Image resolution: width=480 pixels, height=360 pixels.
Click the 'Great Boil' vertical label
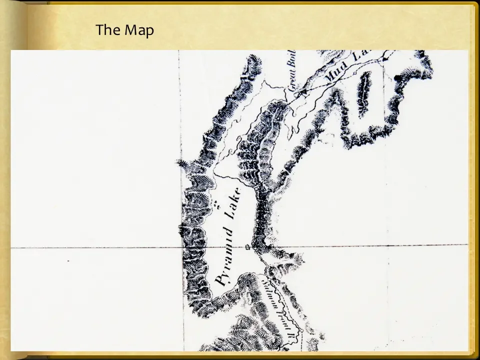click(x=292, y=70)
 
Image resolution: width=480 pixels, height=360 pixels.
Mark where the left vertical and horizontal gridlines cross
click(x=181, y=247)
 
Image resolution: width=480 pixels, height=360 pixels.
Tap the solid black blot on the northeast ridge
click(x=398, y=77)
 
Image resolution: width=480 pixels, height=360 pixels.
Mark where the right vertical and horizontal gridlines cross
click(x=388, y=245)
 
